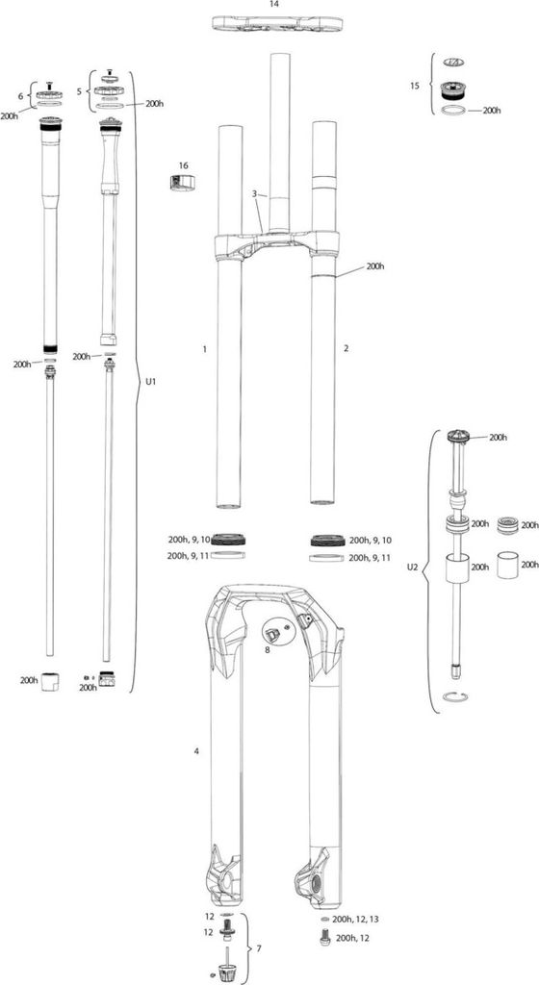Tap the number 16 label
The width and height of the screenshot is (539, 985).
tap(182, 164)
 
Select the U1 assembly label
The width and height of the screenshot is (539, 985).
tap(150, 382)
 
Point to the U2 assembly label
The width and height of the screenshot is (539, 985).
tap(412, 568)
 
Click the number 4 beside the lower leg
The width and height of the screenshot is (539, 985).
tap(196, 749)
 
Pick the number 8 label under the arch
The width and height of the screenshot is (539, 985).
tap(268, 650)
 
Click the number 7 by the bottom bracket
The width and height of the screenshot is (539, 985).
tap(257, 948)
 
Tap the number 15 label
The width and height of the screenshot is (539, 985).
tap(415, 86)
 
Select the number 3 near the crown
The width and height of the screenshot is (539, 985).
tap(254, 194)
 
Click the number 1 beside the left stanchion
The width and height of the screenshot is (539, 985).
tap(205, 349)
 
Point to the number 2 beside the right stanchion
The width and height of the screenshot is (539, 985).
tap(346, 349)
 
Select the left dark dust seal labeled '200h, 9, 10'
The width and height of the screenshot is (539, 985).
tap(227, 540)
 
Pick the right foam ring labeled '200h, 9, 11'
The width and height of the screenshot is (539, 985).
tap(325, 557)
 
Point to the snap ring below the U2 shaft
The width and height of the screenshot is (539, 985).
tap(454, 695)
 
